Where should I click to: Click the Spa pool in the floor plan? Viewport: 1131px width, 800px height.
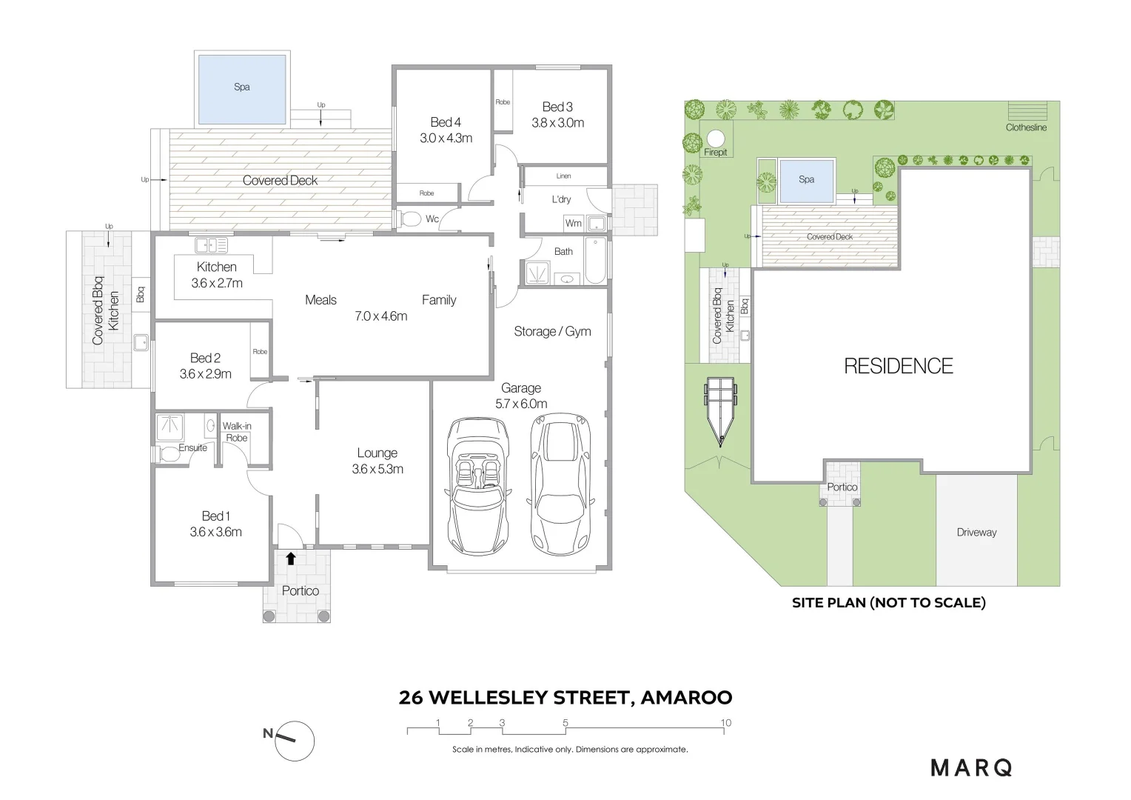(242, 90)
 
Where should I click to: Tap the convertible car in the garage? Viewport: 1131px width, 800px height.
(477, 486)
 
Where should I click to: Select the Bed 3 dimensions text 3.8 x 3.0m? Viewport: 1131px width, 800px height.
(557, 123)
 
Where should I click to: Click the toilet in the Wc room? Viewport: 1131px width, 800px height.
(410, 219)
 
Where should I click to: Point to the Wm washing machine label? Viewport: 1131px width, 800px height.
(573, 224)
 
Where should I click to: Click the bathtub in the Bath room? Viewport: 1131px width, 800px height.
(596, 261)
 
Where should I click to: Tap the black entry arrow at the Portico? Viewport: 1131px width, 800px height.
(291, 558)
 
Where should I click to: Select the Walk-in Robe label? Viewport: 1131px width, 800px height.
(237, 432)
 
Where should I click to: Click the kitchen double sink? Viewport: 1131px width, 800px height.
(212, 246)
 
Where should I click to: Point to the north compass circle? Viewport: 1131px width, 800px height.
(295, 741)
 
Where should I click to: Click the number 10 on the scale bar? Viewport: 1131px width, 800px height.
(725, 723)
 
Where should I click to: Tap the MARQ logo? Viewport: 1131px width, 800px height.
(971, 768)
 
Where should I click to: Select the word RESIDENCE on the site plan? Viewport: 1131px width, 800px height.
(899, 366)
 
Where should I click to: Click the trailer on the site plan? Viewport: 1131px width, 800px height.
(720, 411)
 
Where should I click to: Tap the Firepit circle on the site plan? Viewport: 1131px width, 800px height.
(716, 138)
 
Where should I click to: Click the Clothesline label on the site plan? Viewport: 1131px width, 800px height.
(1026, 127)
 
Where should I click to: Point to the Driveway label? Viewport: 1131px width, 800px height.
(976, 532)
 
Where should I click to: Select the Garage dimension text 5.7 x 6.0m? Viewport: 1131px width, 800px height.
(521, 404)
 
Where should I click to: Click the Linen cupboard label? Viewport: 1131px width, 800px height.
(563, 176)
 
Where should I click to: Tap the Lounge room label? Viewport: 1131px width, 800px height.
(377, 453)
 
